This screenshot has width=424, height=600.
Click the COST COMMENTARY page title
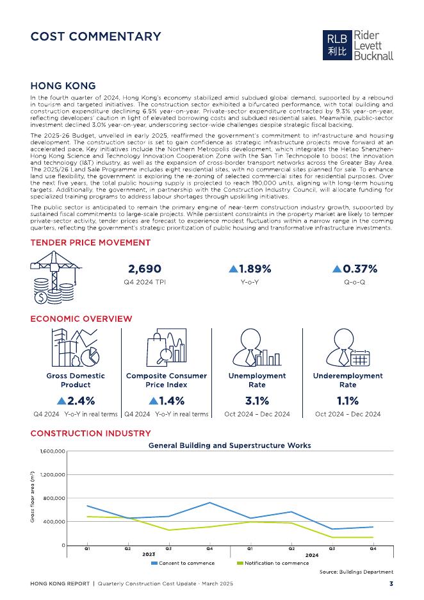coord(95,37)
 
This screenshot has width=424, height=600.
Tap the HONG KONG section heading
coord(63,86)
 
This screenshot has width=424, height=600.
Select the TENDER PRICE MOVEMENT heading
coord(90,242)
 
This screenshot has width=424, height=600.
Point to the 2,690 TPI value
coord(145,269)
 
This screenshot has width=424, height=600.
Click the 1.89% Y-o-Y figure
coord(250,269)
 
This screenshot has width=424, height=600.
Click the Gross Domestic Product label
coord(76,380)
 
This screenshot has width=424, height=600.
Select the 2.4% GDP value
coord(76,401)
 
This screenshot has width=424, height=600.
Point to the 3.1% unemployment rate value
coord(257,401)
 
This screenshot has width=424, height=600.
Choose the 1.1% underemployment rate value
coord(348,401)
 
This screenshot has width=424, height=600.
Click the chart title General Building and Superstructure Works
coord(230,445)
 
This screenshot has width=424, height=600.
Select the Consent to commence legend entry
coord(183,563)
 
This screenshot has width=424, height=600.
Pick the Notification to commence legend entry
coord(273,563)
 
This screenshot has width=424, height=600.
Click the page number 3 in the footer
coord(391,584)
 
